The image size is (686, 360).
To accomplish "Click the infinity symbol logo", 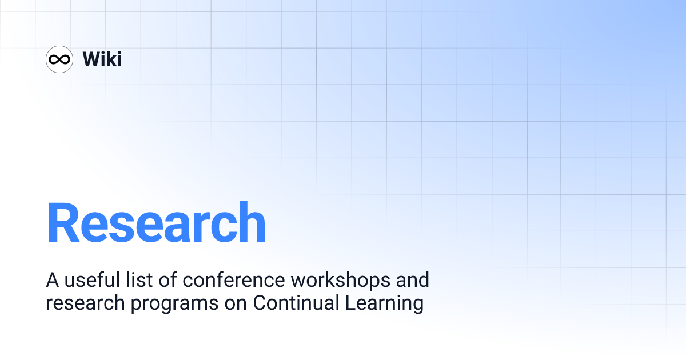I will point(59,59).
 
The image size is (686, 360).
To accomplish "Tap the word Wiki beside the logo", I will point(102,59).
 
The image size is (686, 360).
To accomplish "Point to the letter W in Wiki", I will point(92,59).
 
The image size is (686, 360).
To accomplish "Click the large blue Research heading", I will point(156,223).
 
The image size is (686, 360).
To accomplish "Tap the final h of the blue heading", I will point(251,223).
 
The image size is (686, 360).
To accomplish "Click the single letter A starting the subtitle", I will point(53,281).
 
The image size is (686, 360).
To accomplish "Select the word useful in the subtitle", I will point(90,281).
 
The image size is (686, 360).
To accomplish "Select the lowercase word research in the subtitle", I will point(85,303).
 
